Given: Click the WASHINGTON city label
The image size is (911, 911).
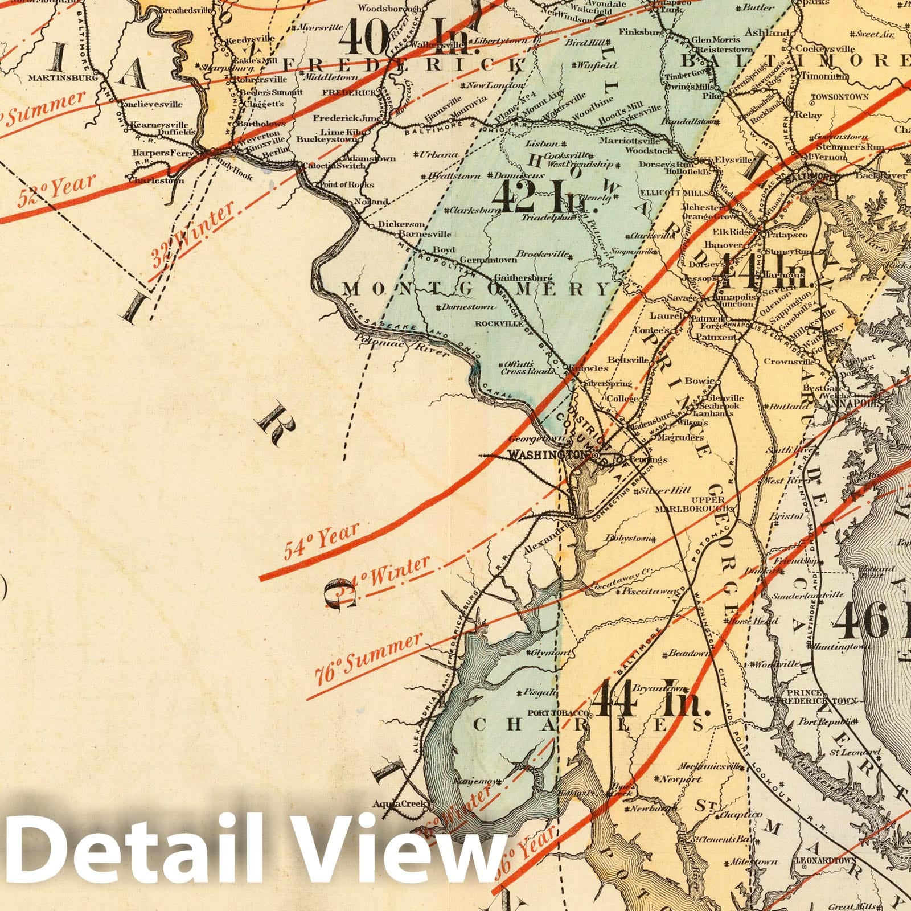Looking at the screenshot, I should (547, 455).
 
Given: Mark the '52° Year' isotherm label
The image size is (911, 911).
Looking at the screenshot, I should (56, 191).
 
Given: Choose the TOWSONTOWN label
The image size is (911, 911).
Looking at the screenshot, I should (840, 97).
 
